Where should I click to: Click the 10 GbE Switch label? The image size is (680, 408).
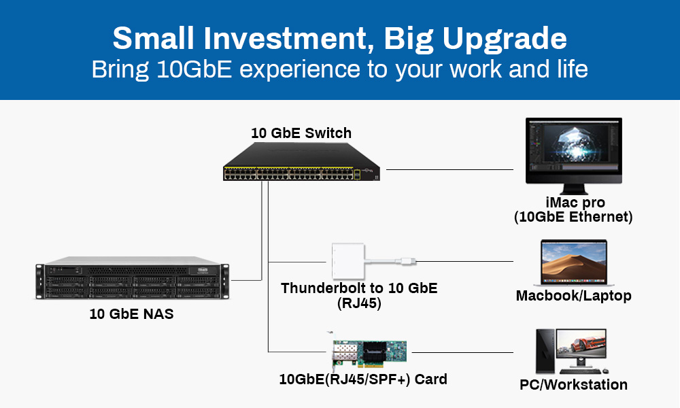pos(301,133)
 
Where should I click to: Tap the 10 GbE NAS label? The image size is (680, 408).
pos(131,315)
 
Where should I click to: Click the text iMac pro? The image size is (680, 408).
pos(575,203)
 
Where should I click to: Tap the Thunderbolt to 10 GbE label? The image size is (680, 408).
pos(359,288)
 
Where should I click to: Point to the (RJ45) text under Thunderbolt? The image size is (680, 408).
pos(359,303)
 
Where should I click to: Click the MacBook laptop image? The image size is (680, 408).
pos(573,262)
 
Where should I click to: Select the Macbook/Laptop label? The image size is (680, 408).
pos(573,296)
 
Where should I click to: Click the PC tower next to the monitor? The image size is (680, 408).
pos(545,350)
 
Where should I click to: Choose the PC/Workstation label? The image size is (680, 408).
pos(573,385)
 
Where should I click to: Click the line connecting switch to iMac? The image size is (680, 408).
pos(449,169)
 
